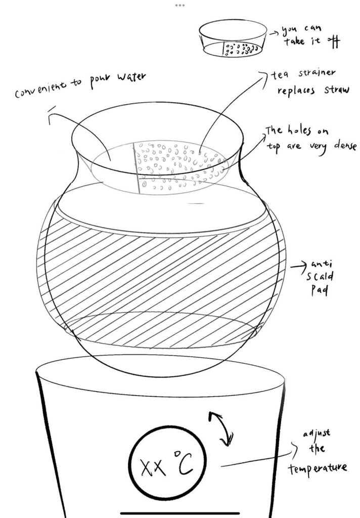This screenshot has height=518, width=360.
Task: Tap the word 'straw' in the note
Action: pos(336,90)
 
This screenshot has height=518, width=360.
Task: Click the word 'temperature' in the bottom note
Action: pos(318,468)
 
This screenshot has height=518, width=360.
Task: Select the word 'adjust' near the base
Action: pos(317,433)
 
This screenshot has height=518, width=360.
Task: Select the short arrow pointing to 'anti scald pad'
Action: pos(298,265)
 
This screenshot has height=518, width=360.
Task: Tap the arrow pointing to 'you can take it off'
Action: pos(274,33)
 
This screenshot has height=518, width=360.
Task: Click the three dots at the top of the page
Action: pos(179,5)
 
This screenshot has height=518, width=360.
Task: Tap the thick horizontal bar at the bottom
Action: pos(180,513)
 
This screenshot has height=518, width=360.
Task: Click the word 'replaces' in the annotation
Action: pos(296,91)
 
